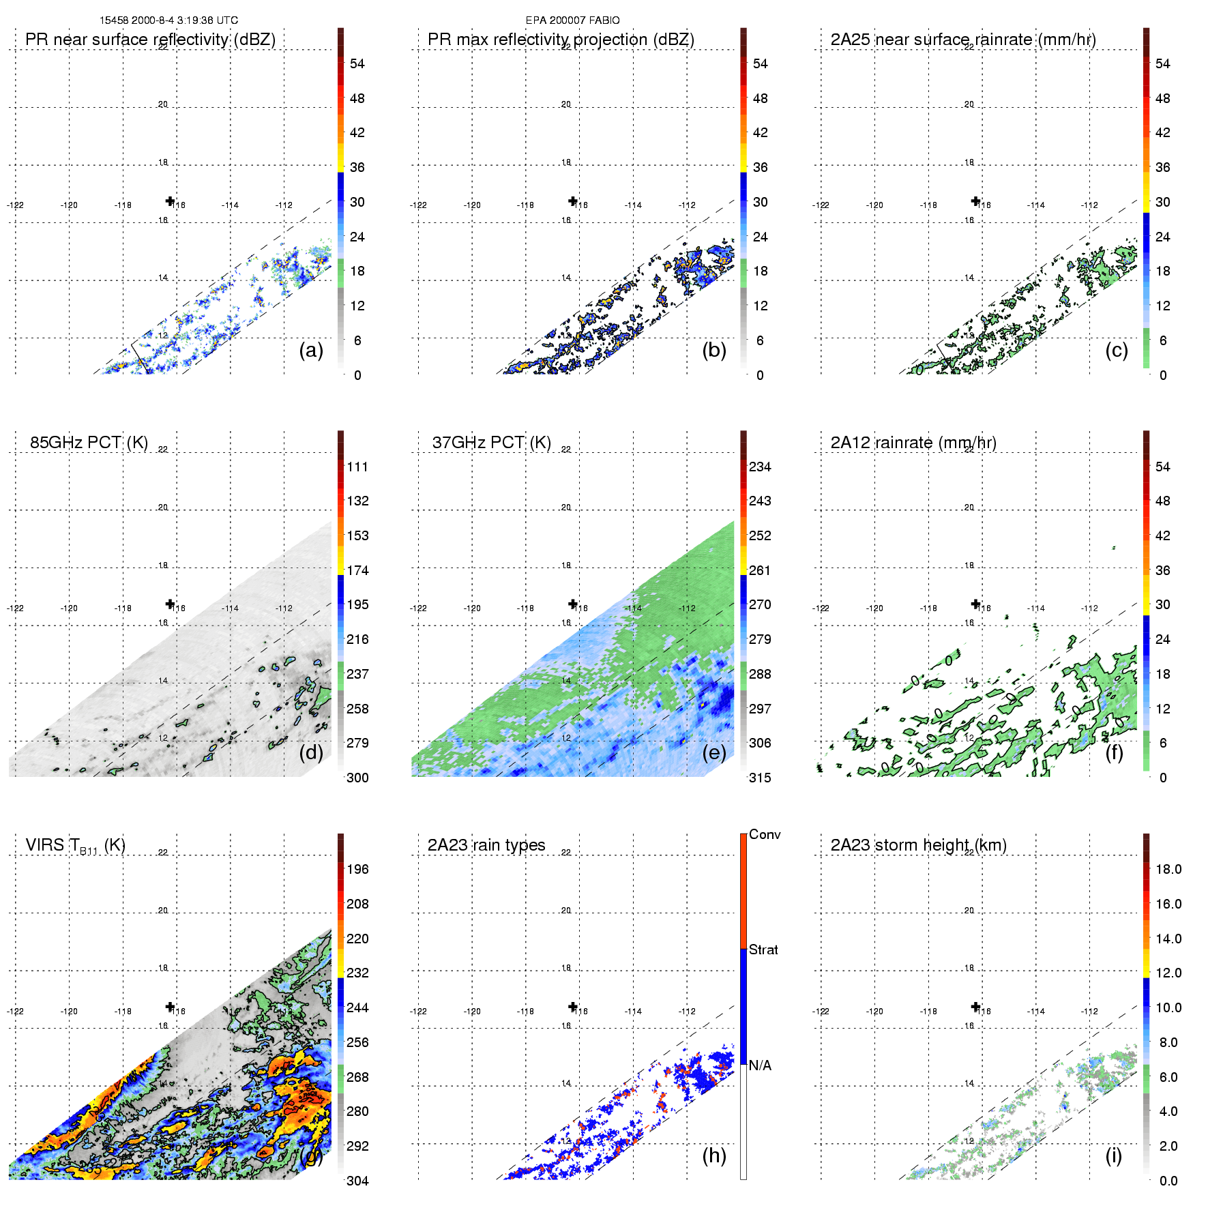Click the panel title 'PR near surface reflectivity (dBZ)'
point(150,40)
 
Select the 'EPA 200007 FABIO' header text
point(572,20)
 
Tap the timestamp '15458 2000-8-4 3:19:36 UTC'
point(168,20)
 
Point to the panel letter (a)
point(311,350)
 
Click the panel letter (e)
point(714,752)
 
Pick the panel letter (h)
point(714,1155)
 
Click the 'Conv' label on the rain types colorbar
point(765,834)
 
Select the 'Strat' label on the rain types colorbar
point(763,949)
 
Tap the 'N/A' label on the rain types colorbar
point(760,1065)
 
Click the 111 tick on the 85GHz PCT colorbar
point(357,467)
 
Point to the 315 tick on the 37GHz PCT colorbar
point(760,778)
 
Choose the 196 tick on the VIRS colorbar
point(357,869)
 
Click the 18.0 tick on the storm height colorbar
point(1168,869)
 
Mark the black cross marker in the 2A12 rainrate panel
point(975,604)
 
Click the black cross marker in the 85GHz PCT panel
point(170,604)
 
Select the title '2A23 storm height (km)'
point(918,845)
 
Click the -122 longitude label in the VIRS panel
point(15,1012)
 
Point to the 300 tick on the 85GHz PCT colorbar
point(357,778)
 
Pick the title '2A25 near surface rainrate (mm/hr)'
point(963,40)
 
